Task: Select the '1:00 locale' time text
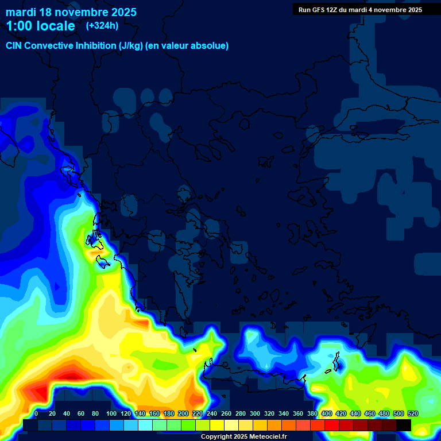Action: tap(40, 26)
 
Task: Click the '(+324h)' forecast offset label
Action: tap(102, 25)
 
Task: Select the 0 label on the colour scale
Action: tap(36, 413)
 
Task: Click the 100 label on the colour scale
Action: tap(111, 413)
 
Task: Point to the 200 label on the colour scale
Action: tap(183, 413)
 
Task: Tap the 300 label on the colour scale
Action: tap(255, 413)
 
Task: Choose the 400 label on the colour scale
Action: tap(327, 413)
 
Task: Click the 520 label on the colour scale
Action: tap(412, 413)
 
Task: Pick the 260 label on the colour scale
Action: tap(226, 413)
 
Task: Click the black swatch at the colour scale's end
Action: tap(404, 425)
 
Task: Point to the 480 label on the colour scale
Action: tap(384, 413)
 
